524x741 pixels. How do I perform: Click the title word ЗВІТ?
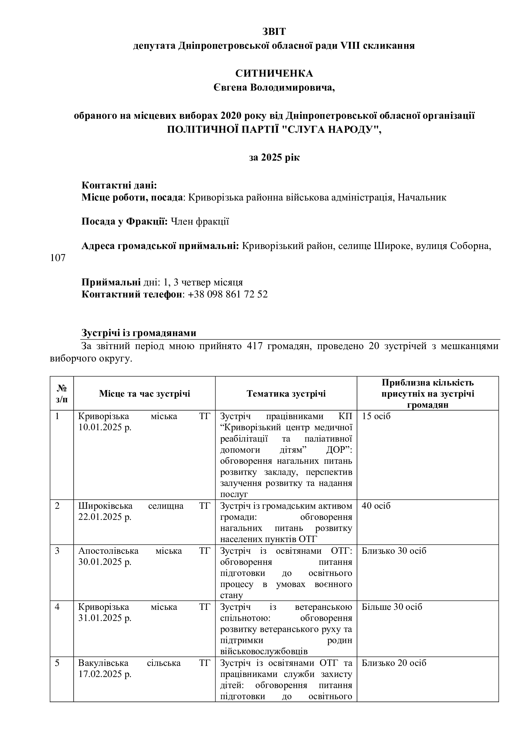[274, 32]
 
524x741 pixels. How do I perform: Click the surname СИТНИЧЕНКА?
[274, 73]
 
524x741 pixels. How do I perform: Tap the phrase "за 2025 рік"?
[274, 157]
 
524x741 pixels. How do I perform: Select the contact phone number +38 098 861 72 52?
[227, 294]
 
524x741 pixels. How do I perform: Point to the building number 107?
[58, 258]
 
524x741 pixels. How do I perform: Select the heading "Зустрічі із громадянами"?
[139, 333]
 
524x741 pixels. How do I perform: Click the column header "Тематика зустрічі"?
[286, 393]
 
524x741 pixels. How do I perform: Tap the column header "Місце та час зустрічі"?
[144, 393]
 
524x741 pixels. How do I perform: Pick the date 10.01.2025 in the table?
[105, 427]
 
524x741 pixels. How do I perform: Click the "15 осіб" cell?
[376, 416]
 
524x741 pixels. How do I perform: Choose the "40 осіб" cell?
[376, 506]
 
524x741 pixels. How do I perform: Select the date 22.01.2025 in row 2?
[105, 517]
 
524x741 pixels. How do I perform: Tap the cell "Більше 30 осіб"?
[392, 607]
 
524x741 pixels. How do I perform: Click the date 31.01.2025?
[105, 618]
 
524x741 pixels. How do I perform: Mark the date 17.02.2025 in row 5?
[105, 674]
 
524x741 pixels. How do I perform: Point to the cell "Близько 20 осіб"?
[394, 663]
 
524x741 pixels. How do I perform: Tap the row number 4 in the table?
[57, 607]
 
